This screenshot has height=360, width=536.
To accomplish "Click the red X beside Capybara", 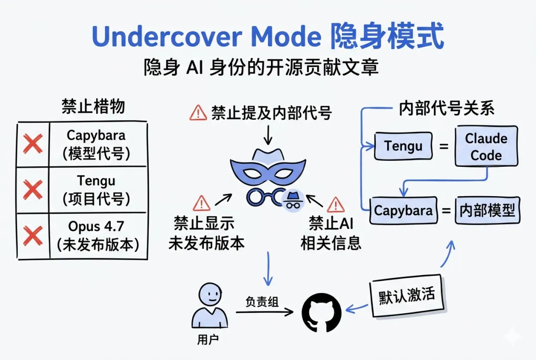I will [33, 144].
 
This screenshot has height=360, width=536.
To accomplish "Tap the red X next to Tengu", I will [33, 189].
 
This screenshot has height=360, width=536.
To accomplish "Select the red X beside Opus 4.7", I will [33, 235].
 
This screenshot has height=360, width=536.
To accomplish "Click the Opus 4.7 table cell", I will [98, 235].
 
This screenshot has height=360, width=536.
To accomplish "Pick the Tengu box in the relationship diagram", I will [403, 146].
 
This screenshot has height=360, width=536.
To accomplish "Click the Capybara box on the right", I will [403, 210].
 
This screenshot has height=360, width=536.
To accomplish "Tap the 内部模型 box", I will [486, 210].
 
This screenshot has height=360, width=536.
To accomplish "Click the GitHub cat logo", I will [322, 311].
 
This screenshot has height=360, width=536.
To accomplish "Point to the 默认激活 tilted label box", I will [406, 295].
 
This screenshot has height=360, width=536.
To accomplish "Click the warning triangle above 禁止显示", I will [202, 203].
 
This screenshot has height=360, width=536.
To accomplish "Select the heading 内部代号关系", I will [447, 109].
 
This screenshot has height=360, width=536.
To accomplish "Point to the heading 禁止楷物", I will [93, 107].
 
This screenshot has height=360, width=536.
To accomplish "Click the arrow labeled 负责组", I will [264, 312].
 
